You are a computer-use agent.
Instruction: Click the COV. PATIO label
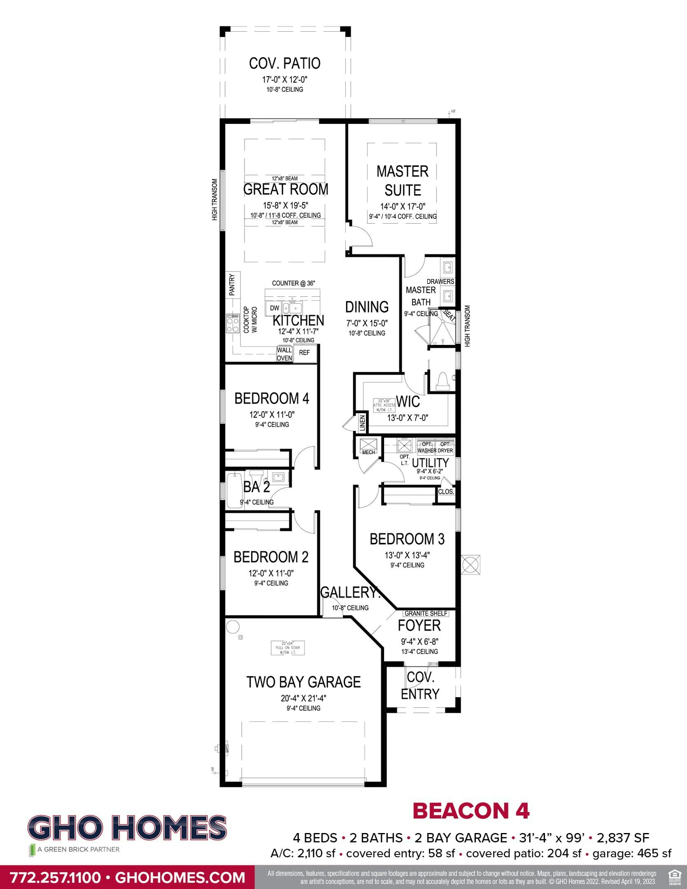[x=284, y=63]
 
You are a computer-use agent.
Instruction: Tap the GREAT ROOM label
[x=286, y=189]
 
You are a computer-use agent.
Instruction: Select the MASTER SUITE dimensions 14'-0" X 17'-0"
[x=402, y=207]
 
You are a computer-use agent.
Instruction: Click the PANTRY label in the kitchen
[x=232, y=284]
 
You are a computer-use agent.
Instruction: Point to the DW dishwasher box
[x=275, y=308]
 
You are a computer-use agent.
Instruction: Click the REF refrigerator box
[x=305, y=353]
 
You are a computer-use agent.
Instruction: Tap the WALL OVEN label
[x=284, y=354]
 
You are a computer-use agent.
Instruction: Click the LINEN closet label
[x=363, y=423]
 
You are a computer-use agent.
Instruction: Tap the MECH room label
[x=368, y=452]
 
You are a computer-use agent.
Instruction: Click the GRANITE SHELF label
[x=426, y=613]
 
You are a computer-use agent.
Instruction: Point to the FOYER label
[x=419, y=626]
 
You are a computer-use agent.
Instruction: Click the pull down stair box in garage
[x=288, y=648]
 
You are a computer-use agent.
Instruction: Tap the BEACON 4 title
[x=470, y=810]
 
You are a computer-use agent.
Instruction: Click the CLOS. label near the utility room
[x=446, y=491]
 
